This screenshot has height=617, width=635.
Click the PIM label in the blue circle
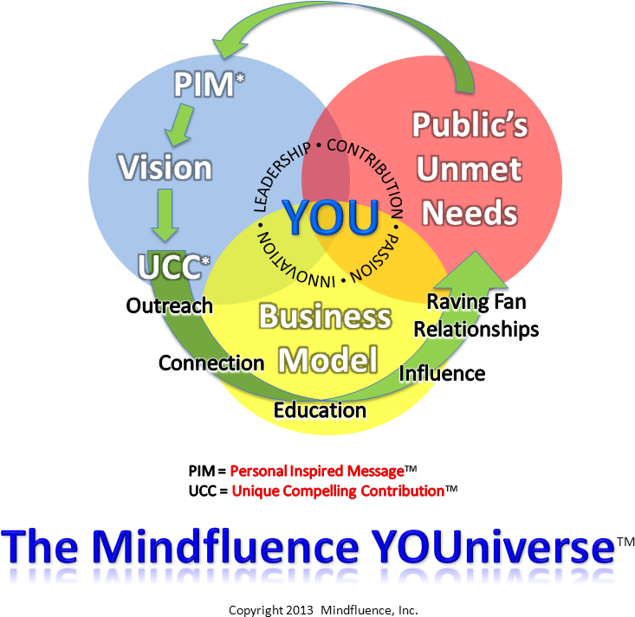coord(205,84)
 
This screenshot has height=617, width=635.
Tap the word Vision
coord(165,167)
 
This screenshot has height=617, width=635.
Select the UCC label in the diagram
coord(173,266)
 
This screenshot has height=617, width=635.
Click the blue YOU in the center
coord(330,217)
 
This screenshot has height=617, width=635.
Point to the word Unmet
coord(470,169)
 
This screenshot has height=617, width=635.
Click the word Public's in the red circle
coord(470,125)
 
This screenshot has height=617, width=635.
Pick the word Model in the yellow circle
coord(328,359)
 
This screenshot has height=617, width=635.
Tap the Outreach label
coord(169,305)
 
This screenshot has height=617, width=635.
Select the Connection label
coord(211,363)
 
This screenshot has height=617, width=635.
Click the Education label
coord(320,410)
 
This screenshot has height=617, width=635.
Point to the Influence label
coord(442,373)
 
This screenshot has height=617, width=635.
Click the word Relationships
coord(476,329)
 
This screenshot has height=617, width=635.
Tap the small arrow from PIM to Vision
coord(179,125)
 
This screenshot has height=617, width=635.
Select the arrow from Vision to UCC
coord(165,215)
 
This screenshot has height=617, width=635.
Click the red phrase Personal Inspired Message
coord(317,471)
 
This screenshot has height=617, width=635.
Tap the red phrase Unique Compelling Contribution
coord(338,491)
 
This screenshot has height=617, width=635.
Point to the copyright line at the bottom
coord(323,610)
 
